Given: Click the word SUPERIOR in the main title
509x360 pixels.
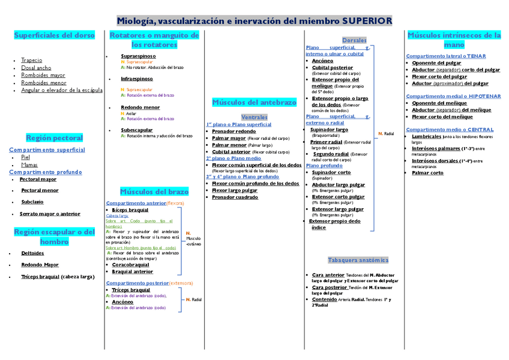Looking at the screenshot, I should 367,21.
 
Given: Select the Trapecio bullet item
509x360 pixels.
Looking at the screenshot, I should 31,61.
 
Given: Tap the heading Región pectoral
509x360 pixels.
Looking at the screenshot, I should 55,138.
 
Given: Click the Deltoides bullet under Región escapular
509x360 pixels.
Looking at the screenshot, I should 32,253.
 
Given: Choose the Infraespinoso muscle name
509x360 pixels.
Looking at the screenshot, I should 137,79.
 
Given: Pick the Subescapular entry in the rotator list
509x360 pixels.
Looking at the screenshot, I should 137,130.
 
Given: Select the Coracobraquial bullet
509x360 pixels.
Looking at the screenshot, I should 130,265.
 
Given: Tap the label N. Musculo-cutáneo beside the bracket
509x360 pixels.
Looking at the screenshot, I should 193,239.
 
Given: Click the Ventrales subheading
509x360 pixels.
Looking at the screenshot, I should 254,117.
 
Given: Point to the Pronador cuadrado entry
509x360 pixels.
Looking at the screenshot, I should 235,197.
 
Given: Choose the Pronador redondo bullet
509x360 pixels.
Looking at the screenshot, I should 233,131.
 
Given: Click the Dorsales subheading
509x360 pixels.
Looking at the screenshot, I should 354,40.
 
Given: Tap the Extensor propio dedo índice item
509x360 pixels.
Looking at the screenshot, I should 335,224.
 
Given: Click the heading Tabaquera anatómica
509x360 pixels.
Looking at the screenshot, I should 358,260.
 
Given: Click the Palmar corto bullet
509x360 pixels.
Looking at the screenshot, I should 427,173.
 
